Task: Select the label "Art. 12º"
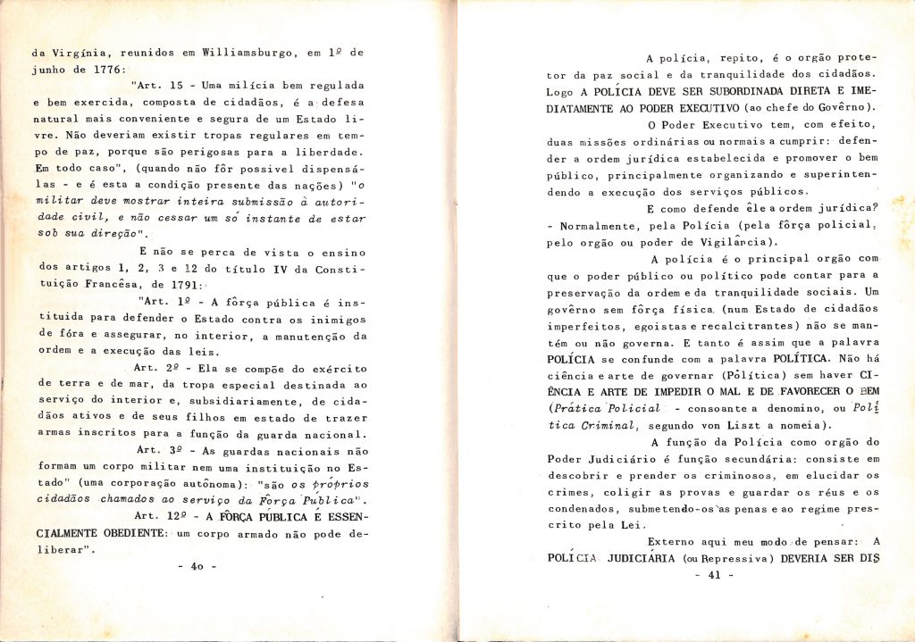(x=159, y=517)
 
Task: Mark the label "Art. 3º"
(x=156, y=451)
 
